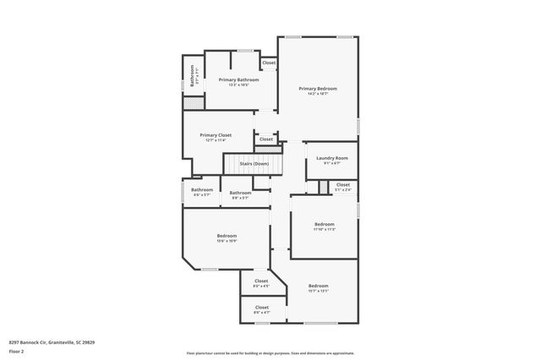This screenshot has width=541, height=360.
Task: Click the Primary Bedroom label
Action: pyautogui.click(x=318, y=88)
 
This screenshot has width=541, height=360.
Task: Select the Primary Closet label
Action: pyautogui.click(x=215, y=135)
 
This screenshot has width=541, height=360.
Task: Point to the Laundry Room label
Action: pyautogui.click(x=331, y=158)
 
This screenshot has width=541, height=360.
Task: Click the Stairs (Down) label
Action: pyautogui.click(x=254, y=163)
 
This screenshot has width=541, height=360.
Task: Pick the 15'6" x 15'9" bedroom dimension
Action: pyautogui.click(x=226, y=241)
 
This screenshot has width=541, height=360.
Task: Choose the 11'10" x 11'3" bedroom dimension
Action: pyautogui.click(x=325, y=229)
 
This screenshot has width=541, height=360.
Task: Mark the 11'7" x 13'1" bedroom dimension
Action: pyautogui.click(x=318, y=292)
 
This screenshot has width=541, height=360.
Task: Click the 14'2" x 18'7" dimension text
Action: pyautogui.click(x=318, y=93)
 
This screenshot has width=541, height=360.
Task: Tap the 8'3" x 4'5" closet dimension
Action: pyautogui.click(x=261, y=286)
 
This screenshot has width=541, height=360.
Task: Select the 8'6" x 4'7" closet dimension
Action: pyautogui.click(x=261, y=313)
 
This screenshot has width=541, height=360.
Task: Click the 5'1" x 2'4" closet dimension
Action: pyautogui.click(x=342, y=189)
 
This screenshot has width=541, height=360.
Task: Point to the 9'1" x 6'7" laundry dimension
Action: pyautogui.click(x=331, y=163)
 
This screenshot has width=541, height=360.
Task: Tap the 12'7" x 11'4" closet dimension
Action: pyautogui.click(x=215, y=140)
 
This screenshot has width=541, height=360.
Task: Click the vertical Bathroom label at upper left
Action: pyautogui.click(x=193, y=77)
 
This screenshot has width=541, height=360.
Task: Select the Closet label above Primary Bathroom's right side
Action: pyautogui.click(x=268, y=63)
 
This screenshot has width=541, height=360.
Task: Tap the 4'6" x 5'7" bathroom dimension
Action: pyautogui.click(x=201, y=195)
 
